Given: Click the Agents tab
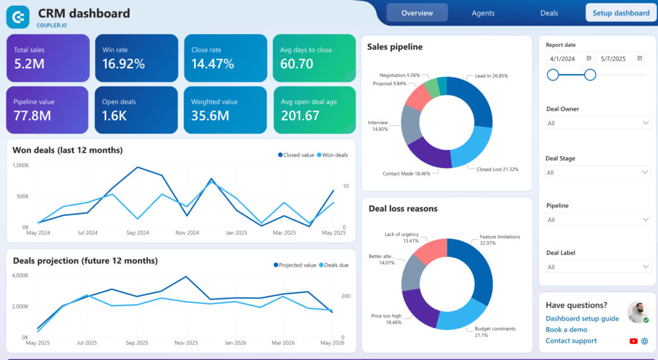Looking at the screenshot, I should tap(483, 13).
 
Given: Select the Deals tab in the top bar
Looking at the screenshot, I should tap(549, 13).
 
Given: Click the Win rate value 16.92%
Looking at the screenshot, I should tap(123, 64).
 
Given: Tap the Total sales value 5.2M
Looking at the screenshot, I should tap(30, 64).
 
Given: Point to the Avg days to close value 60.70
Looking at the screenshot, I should tap(297, 64).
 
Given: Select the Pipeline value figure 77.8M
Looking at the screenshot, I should tap(33, 116).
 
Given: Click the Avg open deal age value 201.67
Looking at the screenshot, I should tap(300, 116).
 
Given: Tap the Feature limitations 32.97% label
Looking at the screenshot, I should tap(499, 240).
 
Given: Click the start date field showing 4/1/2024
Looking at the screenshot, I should tap(569, 59).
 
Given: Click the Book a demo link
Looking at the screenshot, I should tap(566, 330).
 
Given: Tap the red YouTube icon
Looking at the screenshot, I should tap(634, 341).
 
